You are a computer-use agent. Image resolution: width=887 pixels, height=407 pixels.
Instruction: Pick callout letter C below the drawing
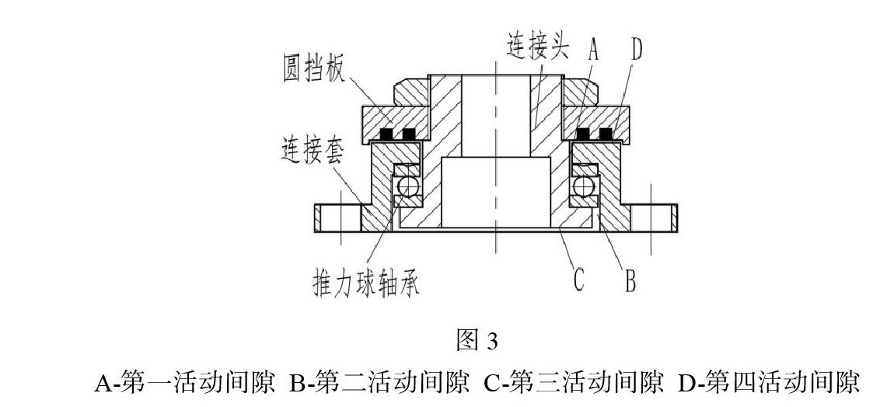pos(578,280)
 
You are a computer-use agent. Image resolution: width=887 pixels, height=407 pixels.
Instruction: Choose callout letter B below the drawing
pos(630,280)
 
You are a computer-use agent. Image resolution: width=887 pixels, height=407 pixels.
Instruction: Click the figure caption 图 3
pos(477,341)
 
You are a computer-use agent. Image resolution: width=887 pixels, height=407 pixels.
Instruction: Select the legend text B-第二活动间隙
pos(379,383)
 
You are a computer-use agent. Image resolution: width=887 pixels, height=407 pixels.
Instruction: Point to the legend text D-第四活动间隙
pos(769,383)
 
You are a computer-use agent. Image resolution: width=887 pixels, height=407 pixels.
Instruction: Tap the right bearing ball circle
pos(583,186)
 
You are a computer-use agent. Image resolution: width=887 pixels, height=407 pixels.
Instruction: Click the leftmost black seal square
pos(386,134)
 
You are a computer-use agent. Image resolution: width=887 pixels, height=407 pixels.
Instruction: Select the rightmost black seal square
pos(606,134)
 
